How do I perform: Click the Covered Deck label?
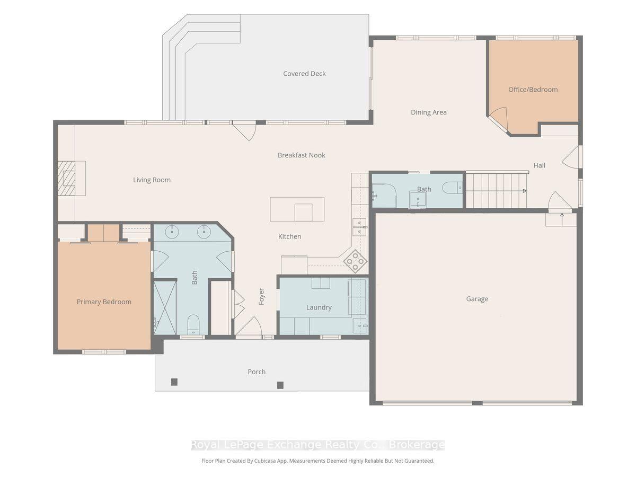304,74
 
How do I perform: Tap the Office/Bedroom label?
533,90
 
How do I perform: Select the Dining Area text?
429,112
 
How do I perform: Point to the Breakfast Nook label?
302,155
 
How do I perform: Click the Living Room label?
152,180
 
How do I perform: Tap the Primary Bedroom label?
104,302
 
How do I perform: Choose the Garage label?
477,299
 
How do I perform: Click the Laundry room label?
319,307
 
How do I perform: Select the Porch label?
257,372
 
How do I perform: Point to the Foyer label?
261,296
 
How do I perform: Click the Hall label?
539,165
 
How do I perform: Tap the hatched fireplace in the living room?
66,178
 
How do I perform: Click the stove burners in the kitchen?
355,261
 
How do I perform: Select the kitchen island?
297,209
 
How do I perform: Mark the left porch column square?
174,382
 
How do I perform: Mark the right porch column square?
280,385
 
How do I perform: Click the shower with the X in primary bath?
165,307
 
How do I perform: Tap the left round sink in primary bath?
172,232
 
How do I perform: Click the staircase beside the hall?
496,190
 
